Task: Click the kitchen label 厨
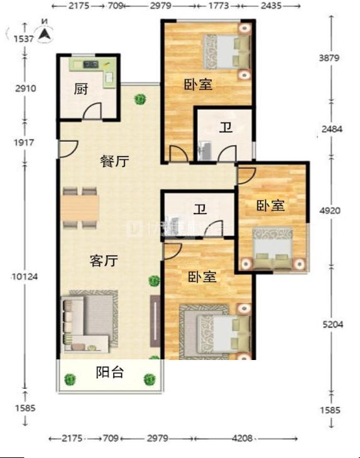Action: (80, 90)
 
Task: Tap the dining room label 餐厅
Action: (114, 161)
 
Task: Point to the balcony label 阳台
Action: (109, 373)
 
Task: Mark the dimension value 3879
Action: (330, 58)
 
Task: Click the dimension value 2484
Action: (330, 129)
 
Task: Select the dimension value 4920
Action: (330, 210)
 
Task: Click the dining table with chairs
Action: (80, 207)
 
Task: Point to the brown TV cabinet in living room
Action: (155, 321)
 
